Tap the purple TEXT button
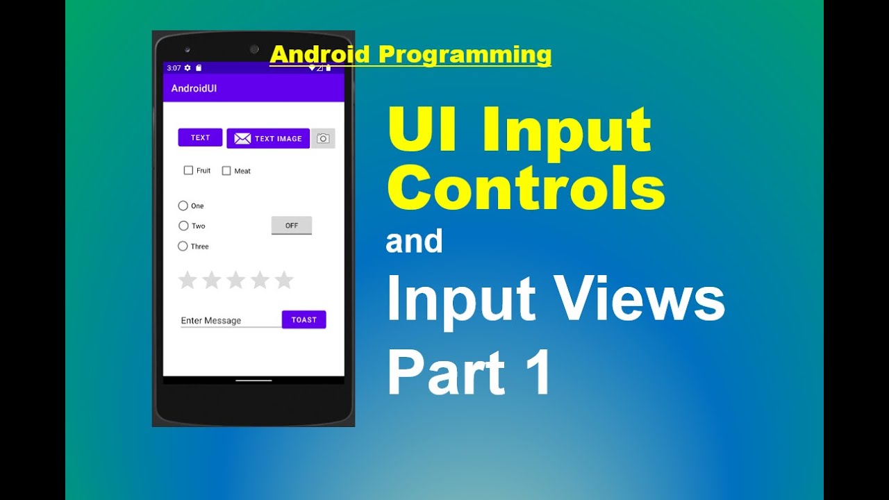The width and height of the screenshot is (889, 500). pyautogui.click(x=200, y=137)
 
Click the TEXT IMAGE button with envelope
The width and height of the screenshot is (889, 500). pyautogui.click(x=268, y=138)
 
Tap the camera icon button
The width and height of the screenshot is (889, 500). pyautogui.click(x=323, y=138)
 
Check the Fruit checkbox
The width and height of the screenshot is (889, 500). pyautogui.click(x=188, y=170)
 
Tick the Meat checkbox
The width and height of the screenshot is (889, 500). pyautogui.click(x=226, y=171)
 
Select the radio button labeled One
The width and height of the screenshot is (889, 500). pyautogui.click(x=183, y=206)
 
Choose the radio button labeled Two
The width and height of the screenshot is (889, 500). pyautogui.click(x=183, y=226)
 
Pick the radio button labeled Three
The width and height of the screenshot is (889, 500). pyautogui.click(x=183, y=246)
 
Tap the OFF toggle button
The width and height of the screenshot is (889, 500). pyautogui.click(x=291, y=226)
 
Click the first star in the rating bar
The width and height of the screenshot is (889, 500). pyautogui.click(x=188, y=280)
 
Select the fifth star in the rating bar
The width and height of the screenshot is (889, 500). pyautogui.click(x=283, y=280)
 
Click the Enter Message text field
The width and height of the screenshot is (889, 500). pyautogui.click(x=229, y=320)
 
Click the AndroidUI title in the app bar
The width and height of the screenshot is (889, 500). pyautogui.click(x=194, y=88)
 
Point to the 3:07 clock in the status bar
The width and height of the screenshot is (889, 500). pyautogui.click(x=174, y=68)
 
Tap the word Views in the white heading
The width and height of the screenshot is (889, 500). pyautogui.click(x=638, y=299)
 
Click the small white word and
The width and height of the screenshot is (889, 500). pyautogui.click(x=414, y=241)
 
